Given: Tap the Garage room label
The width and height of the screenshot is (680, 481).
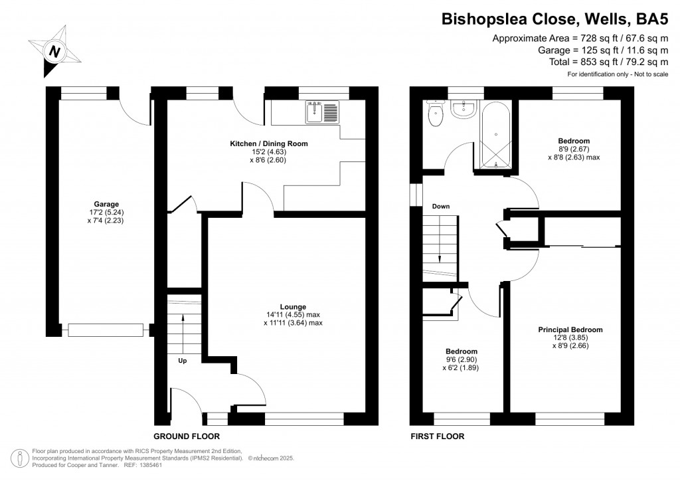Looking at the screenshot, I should (x=106, y=205).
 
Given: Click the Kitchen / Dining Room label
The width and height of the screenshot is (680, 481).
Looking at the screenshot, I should (x=269, y=144).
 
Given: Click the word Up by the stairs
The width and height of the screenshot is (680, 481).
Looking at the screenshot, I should (x=182, y=361).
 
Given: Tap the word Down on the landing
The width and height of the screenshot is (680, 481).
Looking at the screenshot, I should (x=441, y=207).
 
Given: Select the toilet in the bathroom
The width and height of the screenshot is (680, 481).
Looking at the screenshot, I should (x=436, y=114).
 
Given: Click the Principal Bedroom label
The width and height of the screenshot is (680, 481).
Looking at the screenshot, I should (x=570, y=330).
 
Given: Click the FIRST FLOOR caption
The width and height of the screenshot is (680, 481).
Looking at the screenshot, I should (x=437, y=436).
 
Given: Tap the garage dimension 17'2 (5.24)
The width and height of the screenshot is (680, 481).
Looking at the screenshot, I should (x=106, y=213).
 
